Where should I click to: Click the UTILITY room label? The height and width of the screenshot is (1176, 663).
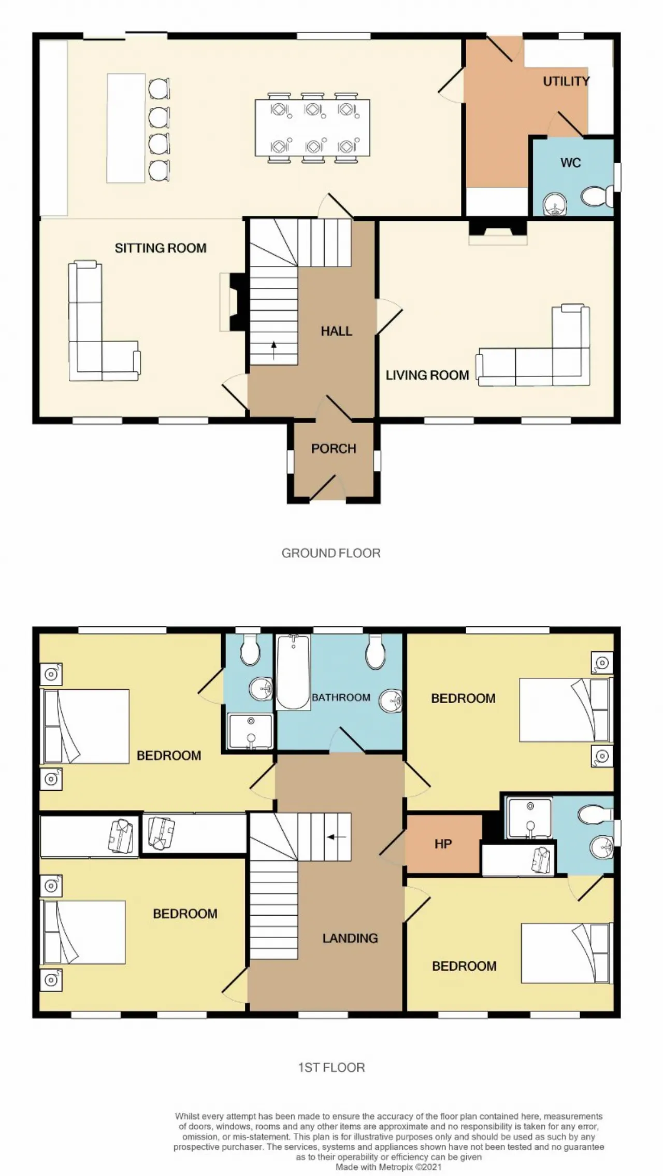566,81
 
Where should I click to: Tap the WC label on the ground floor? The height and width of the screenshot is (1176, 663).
570,163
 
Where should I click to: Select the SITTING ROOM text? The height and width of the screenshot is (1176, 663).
161,248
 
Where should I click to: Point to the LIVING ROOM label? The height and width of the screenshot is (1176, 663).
427,375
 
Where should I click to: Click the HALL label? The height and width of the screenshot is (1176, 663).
336,331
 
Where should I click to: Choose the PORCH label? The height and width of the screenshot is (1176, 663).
334,449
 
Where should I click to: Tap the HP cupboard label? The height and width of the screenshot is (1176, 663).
443,844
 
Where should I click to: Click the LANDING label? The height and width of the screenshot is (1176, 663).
350,938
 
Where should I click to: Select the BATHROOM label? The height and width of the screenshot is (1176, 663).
341,697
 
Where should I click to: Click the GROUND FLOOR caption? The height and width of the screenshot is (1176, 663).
331,553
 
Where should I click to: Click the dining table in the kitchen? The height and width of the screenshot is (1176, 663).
312,128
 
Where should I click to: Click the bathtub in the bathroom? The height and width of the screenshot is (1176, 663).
293,672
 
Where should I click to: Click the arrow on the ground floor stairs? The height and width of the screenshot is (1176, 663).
273,350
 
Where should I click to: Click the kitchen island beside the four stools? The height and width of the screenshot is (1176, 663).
126,128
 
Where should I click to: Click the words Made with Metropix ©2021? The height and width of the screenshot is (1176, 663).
388,1167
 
